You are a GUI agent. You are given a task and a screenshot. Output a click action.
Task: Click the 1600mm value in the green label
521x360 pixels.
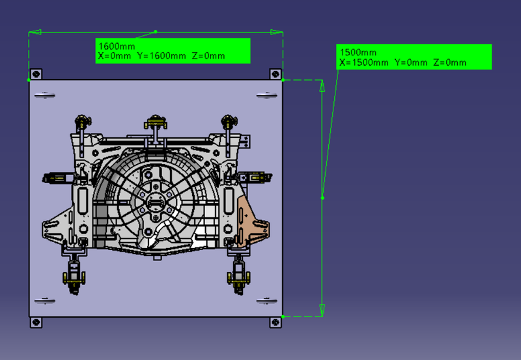[x=116, y=46]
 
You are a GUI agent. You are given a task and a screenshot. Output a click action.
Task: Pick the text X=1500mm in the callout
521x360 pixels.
[x=363, y=62]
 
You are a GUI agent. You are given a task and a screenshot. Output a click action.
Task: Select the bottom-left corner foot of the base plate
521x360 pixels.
[x=36, y=322]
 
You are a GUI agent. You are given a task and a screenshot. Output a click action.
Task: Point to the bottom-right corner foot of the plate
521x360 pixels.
[x=275, y=322]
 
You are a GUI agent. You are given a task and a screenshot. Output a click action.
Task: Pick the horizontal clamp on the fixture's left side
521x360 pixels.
[x=56, y=176]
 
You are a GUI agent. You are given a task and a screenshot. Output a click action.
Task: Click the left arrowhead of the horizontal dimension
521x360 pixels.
[x=35, y=31]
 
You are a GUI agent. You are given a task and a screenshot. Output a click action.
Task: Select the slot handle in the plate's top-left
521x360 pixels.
[x=44, y=96]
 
